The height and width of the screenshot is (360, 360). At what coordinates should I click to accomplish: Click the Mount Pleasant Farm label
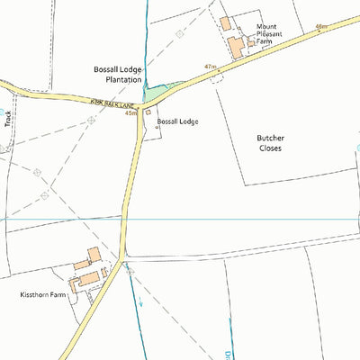click(x=276, y=34)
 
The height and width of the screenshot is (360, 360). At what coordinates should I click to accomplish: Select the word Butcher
click(x=270, y=138)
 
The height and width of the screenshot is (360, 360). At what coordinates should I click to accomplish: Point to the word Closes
click(x=270, y=148)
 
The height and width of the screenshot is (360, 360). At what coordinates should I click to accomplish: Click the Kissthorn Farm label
click(x=43, y=294)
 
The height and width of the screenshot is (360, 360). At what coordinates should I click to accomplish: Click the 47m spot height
click(x=211, y=67)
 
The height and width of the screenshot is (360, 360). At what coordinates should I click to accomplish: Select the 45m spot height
click(x=131, y=113)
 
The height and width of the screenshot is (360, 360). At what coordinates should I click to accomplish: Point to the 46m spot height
click(x=321, y=27)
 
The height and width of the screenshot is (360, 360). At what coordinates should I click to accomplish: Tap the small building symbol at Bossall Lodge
click(x=148, y=112)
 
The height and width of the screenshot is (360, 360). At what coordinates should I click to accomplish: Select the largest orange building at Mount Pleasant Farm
click(x=237, y=47)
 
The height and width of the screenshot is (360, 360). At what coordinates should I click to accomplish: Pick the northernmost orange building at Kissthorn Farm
click(x=94, y=255)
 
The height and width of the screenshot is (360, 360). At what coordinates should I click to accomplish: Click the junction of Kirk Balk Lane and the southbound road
click(x=139, y=105)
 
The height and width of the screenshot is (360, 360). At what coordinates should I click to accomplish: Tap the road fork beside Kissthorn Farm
click(x=121, y=260)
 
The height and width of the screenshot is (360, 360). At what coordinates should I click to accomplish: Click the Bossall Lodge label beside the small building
click(x=177, y=121)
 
